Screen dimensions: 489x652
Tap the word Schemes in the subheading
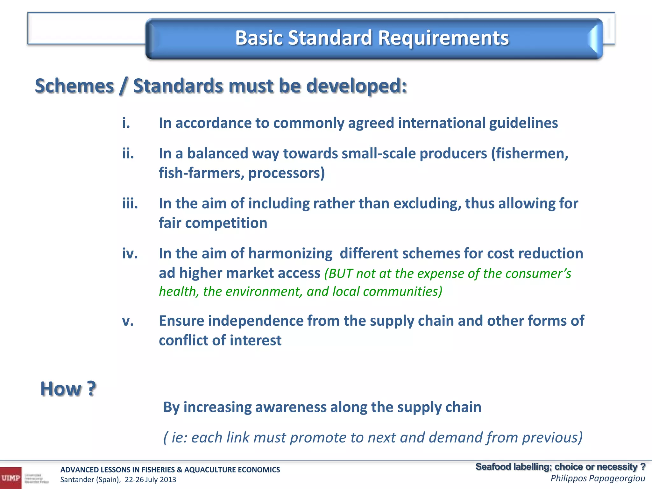[x=74, y=86]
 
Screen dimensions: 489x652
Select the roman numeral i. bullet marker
[x=126, y=123]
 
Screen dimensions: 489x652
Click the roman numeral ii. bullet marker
[x=128, y=153]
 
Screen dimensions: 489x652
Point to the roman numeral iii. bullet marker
[x=130, y=203]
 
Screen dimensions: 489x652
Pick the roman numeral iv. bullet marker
[x=130, y=254]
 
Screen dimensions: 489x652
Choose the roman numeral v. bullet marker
[x=128, y=321]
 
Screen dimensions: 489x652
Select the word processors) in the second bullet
[x=287, y=173]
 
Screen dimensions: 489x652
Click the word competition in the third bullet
[x=226, y=223]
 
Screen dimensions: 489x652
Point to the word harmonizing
[x=290, y=254]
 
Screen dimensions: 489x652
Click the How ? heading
[x=68, y=389]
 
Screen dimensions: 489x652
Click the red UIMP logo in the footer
[x=11, y=478]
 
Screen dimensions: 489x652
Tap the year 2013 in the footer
[x=168, y=480]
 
